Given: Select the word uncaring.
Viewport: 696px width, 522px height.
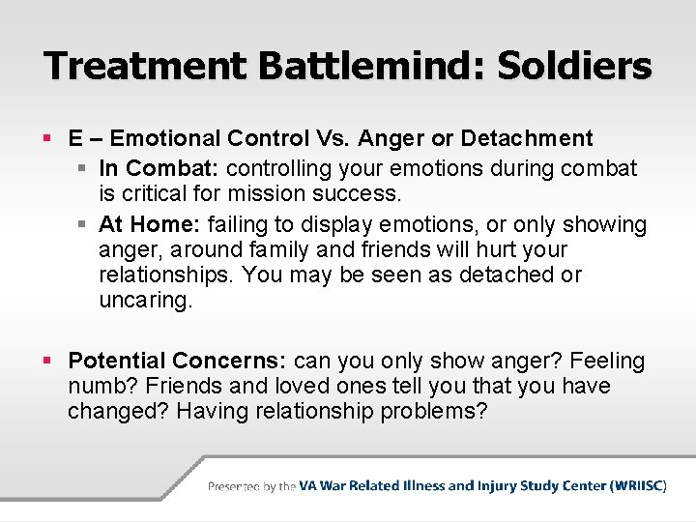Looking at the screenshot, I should tap(145, 300).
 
